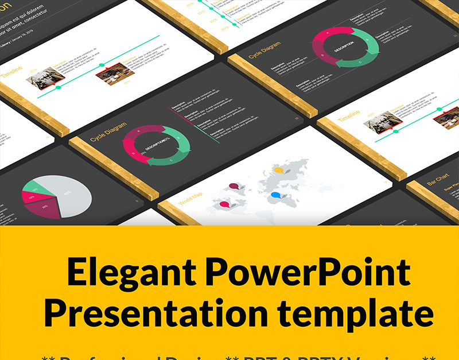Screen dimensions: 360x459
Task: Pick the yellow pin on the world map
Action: coord(279,170)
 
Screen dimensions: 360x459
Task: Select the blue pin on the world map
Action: coord(277,195)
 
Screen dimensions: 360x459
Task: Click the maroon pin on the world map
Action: coord(234,185)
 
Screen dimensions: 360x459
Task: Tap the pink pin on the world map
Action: coord(224,204)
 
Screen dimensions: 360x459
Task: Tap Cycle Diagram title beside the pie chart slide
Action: coord(108,133)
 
